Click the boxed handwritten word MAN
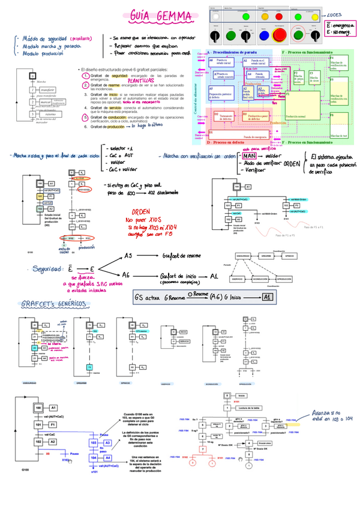(x=250, y=156)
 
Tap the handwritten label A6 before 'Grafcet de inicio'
(x=127, y=274)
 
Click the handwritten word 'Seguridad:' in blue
(x=52, y=269)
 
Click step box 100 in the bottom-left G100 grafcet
(x=38, y=408)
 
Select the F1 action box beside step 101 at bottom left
(x=53, y=424)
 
